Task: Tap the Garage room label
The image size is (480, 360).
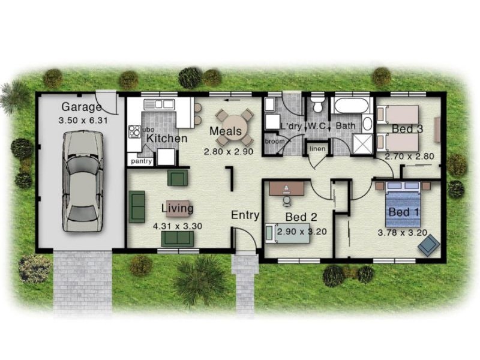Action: coord(82,107)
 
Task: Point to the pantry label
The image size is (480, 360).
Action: coord(142,161)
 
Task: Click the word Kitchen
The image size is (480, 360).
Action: coord(167,139)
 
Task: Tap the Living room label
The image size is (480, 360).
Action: coord(177,208)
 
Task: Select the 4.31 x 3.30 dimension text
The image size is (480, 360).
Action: coord(178,226)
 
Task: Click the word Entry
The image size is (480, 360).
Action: coord(245,215)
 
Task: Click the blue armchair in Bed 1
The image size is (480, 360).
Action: coord(428,245)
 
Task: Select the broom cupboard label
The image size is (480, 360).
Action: coord(275,142)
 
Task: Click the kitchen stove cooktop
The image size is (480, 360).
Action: coord(133,130)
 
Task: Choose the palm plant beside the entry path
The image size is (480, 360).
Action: coord(199,277)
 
